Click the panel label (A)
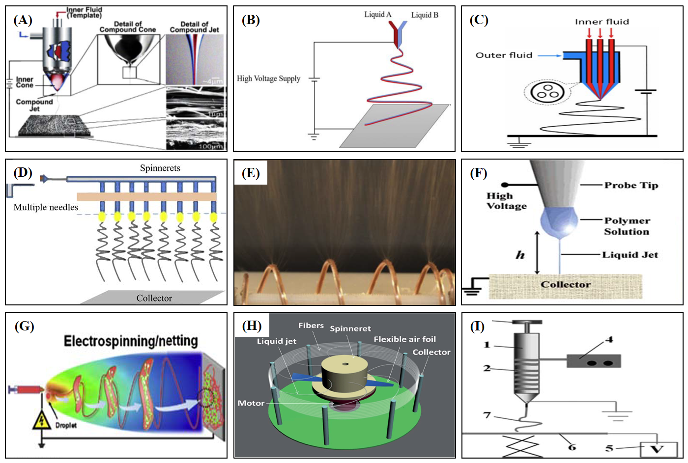(x=23, y=20)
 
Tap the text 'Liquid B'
(x=425, y=15)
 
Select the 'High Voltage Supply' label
(x=268, y=79)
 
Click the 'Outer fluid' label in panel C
(x=504, y=55)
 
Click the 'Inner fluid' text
(x=602, y=22)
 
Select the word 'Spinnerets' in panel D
(x=160, y=168)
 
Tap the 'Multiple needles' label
(x=46, y=207)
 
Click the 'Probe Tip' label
(x=631, y=185)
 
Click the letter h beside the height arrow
(x=520, y=255)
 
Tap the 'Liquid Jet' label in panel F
(x=630, y=255)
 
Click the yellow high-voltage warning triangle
(x=42, y=421)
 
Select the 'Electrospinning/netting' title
(x=131, y=341)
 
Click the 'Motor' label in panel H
(x=251, y=403)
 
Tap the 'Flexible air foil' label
(x=404, y=339)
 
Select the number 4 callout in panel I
(x=609, y=339)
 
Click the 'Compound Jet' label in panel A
(x=34, y=105)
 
